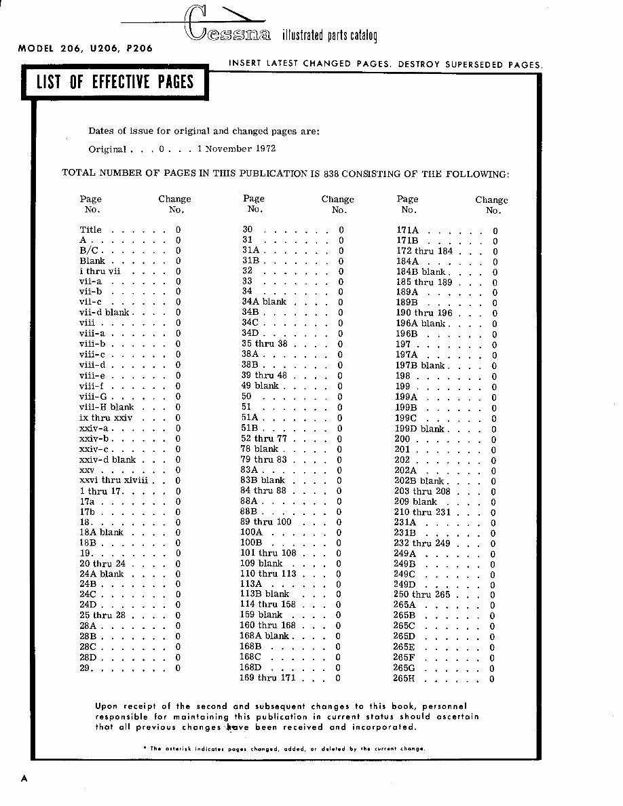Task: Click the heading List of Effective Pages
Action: click(x=115, y=83)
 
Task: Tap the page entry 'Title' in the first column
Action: click(x=90, y=230)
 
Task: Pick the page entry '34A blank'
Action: click(x=264, y=302)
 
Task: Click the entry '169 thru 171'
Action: click(x=267, y=678)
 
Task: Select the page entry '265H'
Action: click(x=404, y=678)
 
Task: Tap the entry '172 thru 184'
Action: click(x=424, y=251)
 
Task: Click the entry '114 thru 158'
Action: click(x=267, y=604)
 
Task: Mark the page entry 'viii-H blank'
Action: click(x=107, y=407)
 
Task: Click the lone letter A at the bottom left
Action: click(x=24, y=778)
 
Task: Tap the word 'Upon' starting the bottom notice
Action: click(x=107, y=706)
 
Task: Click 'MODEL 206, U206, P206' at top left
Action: click(x=85, y=48)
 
